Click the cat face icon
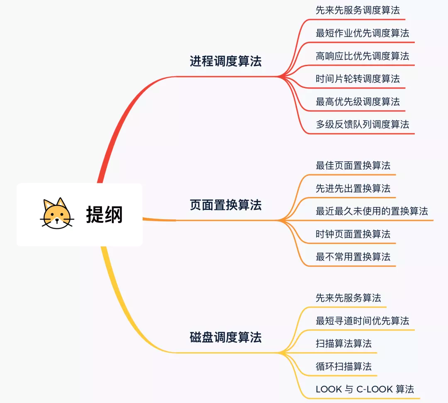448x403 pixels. click(57, 213)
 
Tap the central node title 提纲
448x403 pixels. click(104, 214)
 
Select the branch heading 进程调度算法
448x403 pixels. click(226, 61)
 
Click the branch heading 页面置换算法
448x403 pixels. click(226, 205)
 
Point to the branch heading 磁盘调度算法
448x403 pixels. click(226, 337)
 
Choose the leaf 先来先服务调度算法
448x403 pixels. click(358, 10)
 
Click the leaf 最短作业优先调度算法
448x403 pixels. click(362, 33)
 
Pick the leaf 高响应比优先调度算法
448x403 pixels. click(362, 56)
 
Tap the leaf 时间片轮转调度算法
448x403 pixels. click(358, 79)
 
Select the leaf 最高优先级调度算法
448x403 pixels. click(358, 101)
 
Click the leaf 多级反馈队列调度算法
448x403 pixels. click(362, 124)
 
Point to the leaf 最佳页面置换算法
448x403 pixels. click(353, 166)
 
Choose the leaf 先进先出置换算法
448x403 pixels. click(353, 189)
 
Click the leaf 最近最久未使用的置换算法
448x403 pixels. click(372, 211)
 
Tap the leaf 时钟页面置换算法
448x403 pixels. click(353, 234)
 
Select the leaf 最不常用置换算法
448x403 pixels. click(353, 257)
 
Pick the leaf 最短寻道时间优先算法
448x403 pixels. click(362, 321)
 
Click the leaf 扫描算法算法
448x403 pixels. click(343, 344)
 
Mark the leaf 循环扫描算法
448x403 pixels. click(343, 366)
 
